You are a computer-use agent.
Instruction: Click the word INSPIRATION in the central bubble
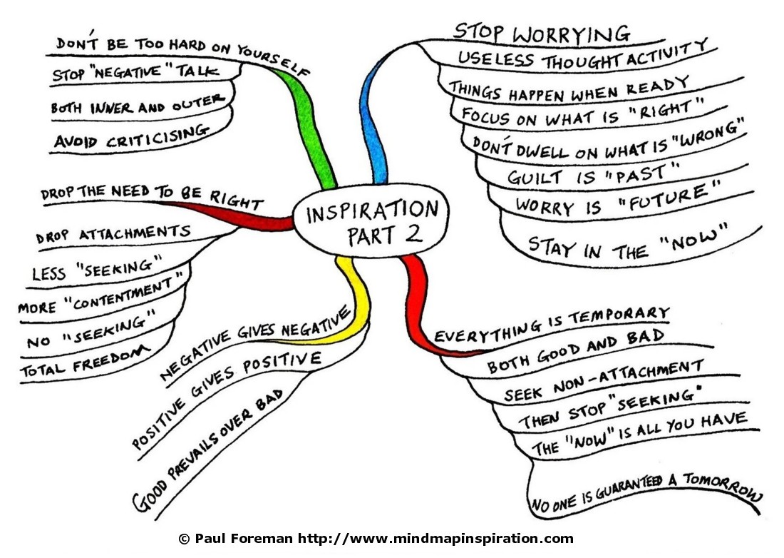[372, 211]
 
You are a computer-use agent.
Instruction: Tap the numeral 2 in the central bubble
[413, 233]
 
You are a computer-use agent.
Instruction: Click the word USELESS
[495, 59]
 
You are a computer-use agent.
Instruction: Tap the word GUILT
[535, 177]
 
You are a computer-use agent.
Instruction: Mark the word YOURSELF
[272, 60]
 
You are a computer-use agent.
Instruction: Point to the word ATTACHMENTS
[135, 233]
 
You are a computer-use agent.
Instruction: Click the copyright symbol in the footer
[184, 539]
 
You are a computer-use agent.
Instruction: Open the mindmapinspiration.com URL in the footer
[435, 539]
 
